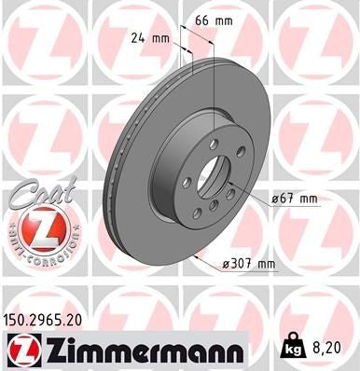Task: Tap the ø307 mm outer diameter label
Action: (x=248, y=265)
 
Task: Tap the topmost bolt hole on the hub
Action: (x=214, y=143)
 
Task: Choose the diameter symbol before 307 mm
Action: (x=226, y=265)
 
